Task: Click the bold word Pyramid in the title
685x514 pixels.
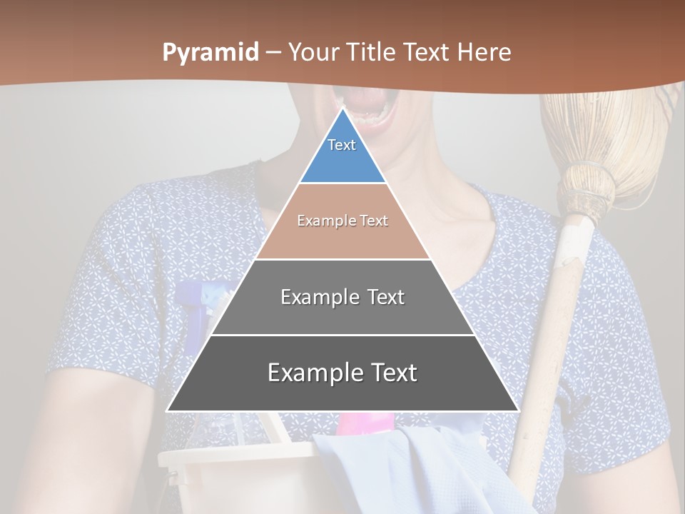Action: coord(210,53)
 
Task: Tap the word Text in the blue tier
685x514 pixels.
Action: coord(342,145)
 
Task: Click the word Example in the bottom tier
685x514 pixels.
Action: coord(312,373)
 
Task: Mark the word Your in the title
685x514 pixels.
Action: coord(315,52)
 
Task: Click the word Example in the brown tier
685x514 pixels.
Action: coord(323,221)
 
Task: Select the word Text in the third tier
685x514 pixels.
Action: coord(382,297)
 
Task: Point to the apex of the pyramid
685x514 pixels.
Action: coord(342,109)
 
